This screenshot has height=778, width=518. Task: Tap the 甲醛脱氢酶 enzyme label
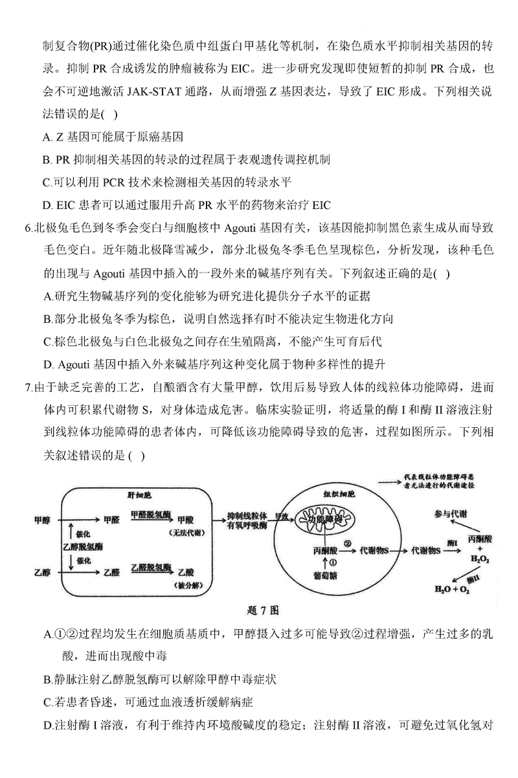[151, 513]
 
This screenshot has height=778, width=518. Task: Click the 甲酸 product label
[186, 519]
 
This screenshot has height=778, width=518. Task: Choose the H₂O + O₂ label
[462, 590]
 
